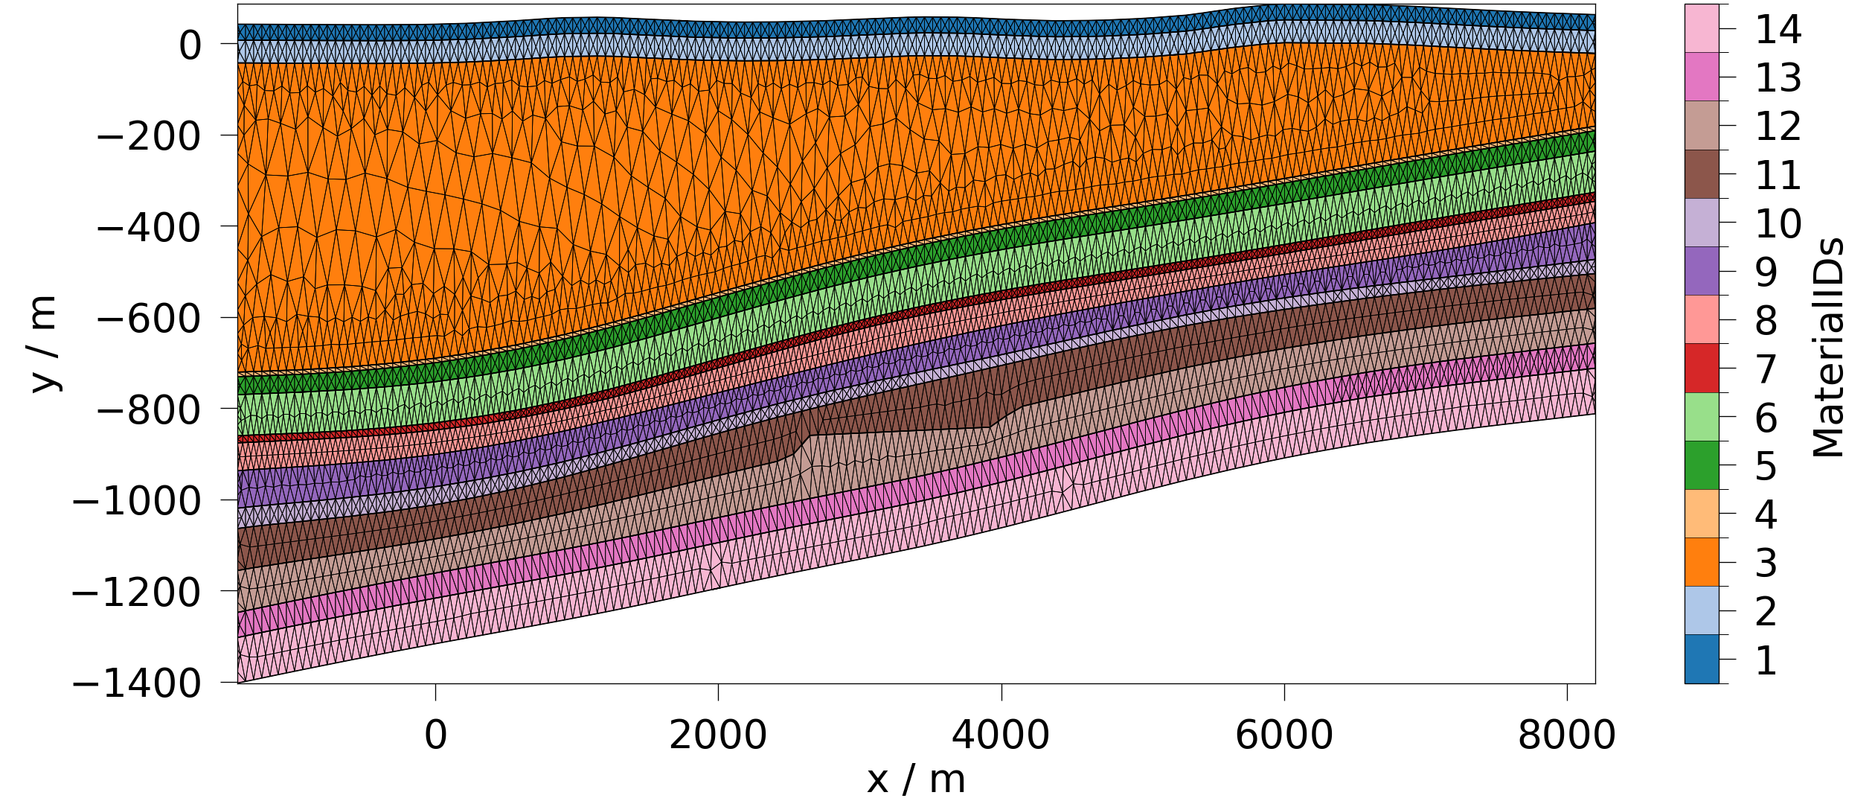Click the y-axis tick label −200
click(148, 137)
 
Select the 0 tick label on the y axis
click(190, 46)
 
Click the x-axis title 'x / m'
click(916, 780)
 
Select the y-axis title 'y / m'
click(43, 344)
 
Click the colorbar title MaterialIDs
click(1828, 348)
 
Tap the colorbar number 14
click(1778, 31)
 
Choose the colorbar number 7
click(1766, 370)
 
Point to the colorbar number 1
click(1766, 661)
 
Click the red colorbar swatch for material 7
click(1702, 368)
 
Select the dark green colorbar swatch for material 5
click(1702, 465)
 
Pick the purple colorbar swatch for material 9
click(1702, 272)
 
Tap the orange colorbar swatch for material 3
click(1702, 562)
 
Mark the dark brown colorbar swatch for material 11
click(1702, 174)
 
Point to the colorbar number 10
click(1778, 224)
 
